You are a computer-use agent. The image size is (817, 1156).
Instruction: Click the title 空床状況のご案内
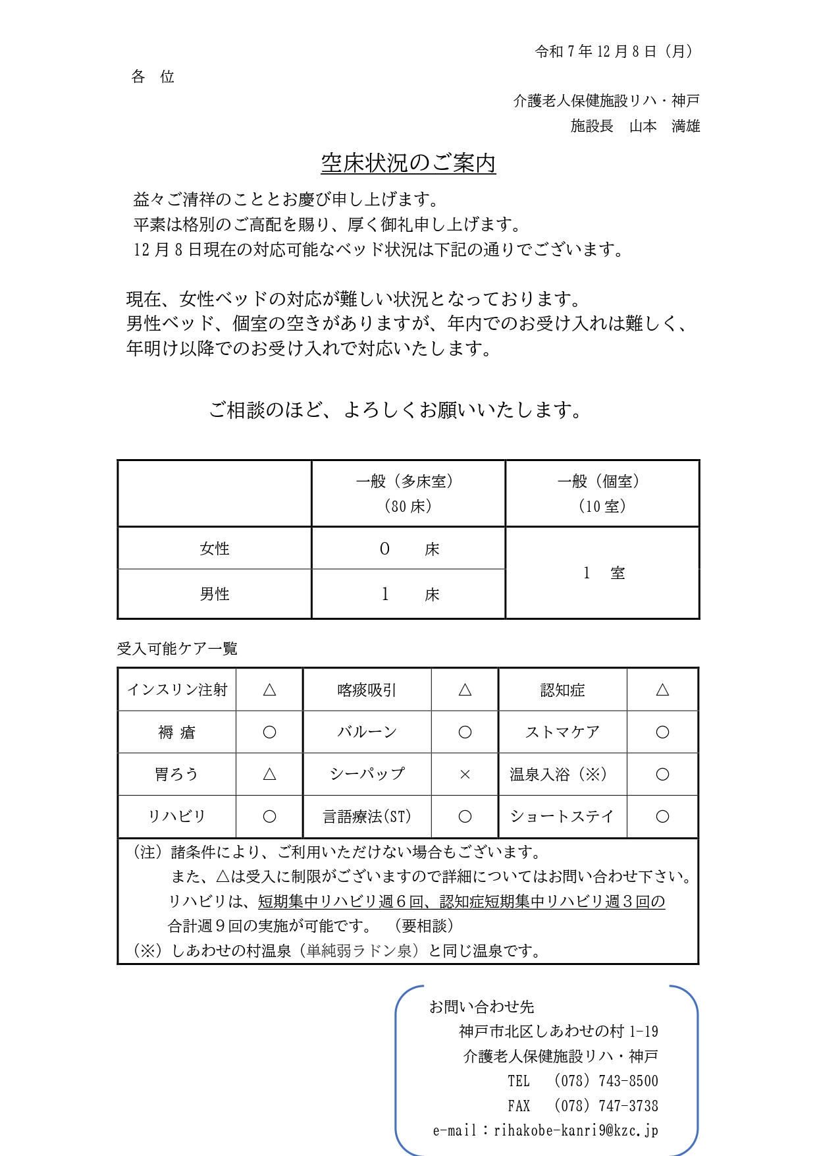coord(408,163)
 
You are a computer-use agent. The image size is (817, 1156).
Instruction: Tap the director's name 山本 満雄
coord(664,126)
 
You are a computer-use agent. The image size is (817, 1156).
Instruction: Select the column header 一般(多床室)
coord(408,482)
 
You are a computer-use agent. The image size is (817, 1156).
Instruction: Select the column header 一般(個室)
coord(602,482)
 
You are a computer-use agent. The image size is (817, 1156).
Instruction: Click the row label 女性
coord(215,549)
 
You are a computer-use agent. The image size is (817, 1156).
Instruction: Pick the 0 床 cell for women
coord(408,549)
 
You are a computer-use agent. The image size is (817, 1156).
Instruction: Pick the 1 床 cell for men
coord(408,594)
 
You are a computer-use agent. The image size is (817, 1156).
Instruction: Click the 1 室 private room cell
coord(602,573)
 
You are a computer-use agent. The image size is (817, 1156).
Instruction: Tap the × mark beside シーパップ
coord(465,775)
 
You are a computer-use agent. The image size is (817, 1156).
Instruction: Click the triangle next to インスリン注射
coord(269,690)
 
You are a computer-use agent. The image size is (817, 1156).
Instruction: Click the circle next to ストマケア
coord(662,732)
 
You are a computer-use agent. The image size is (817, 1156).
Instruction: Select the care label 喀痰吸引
coord(367,690)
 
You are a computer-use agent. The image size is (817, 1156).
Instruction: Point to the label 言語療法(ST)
coord(367,817)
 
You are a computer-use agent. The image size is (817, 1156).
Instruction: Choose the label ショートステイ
coord(562,817)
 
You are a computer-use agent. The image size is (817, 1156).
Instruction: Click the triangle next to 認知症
coord(662,690)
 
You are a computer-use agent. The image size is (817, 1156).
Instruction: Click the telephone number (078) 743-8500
coord(606,1081)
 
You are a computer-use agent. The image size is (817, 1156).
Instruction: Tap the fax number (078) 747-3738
coord(606,1106)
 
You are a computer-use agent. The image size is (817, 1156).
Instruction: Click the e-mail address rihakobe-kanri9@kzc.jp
coord(575,1131)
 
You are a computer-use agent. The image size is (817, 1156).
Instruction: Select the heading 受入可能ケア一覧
coord(177,649)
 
